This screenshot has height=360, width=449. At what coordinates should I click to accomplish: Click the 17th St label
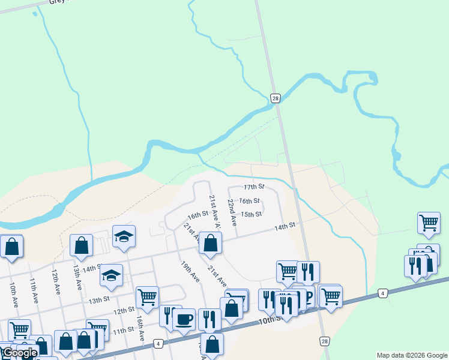click(254, 187)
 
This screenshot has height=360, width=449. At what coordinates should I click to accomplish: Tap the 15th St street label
click(251, 214)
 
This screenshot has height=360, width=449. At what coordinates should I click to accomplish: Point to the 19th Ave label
click(190, 271)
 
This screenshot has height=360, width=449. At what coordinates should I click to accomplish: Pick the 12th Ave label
click(55, 280)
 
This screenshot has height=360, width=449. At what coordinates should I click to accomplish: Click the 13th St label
click(99, 299)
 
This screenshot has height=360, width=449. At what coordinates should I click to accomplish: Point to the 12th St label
click(124, 310)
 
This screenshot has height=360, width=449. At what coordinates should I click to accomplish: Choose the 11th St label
click(122, 330)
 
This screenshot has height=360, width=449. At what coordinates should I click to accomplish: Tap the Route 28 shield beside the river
click(276, 98)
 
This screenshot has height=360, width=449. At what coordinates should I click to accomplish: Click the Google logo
click(20, 353)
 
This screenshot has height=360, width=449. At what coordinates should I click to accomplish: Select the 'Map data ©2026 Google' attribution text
click(411, 355)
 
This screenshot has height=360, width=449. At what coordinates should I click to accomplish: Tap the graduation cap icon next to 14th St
click(111, 275)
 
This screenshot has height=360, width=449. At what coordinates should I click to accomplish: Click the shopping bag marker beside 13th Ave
click(81, 245)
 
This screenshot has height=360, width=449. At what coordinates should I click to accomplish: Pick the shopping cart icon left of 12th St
click(147, 296)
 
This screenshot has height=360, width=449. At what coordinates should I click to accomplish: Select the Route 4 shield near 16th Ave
click(158, 344)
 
